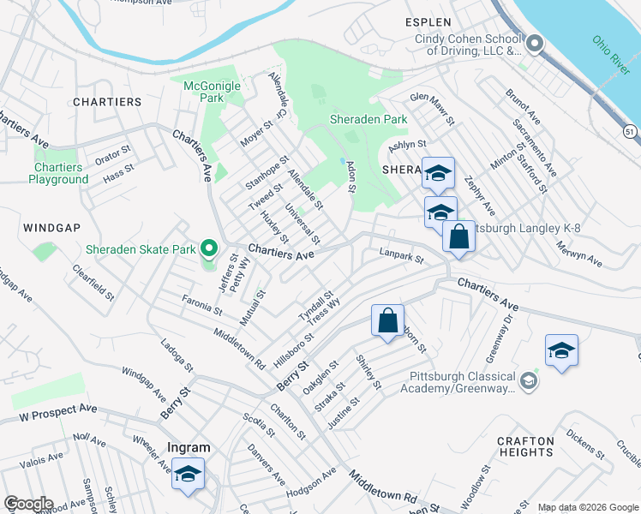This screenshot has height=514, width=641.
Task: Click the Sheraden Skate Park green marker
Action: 208,250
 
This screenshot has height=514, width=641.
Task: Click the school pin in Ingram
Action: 188,474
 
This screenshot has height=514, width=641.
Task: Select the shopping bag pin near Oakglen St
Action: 387,321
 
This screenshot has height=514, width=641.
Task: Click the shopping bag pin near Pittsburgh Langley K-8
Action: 458,236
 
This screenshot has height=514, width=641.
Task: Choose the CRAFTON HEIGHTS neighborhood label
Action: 525,445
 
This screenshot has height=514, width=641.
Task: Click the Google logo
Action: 28,504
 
